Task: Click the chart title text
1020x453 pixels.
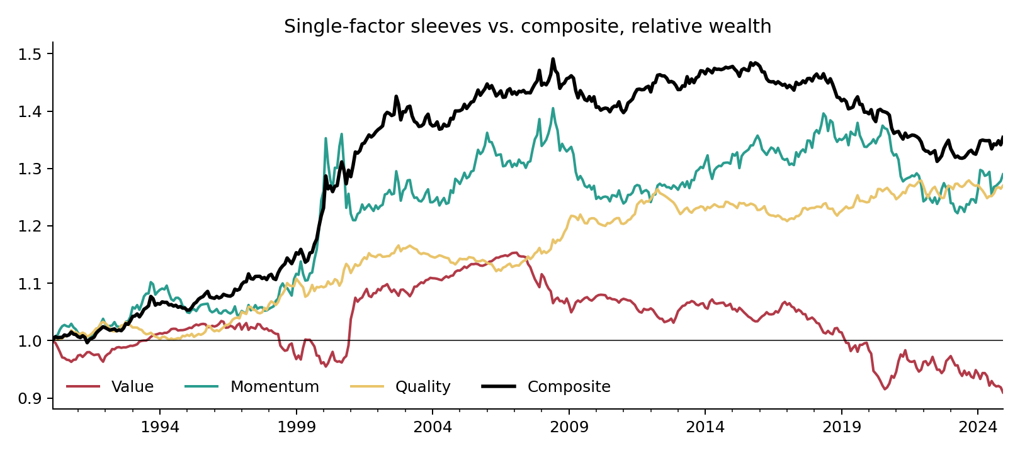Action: (528, 26)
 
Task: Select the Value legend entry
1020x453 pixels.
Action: (110, 386)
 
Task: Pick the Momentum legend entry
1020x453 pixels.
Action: (252, 386)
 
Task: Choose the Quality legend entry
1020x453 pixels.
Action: (400, 386)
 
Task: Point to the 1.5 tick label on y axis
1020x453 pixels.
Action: (29, 54)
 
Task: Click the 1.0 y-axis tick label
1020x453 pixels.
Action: (29, 340)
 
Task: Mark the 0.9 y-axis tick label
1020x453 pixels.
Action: (29, 398)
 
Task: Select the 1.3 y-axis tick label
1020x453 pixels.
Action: (29, 169)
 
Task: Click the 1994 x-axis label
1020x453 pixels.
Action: (160, 427)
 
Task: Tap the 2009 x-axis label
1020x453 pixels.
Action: (569, 427)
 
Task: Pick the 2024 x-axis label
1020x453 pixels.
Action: (978, 427)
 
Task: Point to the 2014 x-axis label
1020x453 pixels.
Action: (705, 427)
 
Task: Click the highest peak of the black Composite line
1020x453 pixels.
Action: (553, 59)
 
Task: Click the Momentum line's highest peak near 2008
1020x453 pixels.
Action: (553, 108)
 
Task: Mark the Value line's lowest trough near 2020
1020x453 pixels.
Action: (885, 389)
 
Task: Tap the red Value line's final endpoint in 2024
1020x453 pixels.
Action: (1002, 393)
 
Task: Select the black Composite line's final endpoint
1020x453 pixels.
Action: (1002, 137)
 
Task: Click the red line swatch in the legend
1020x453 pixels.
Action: (83, 386)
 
